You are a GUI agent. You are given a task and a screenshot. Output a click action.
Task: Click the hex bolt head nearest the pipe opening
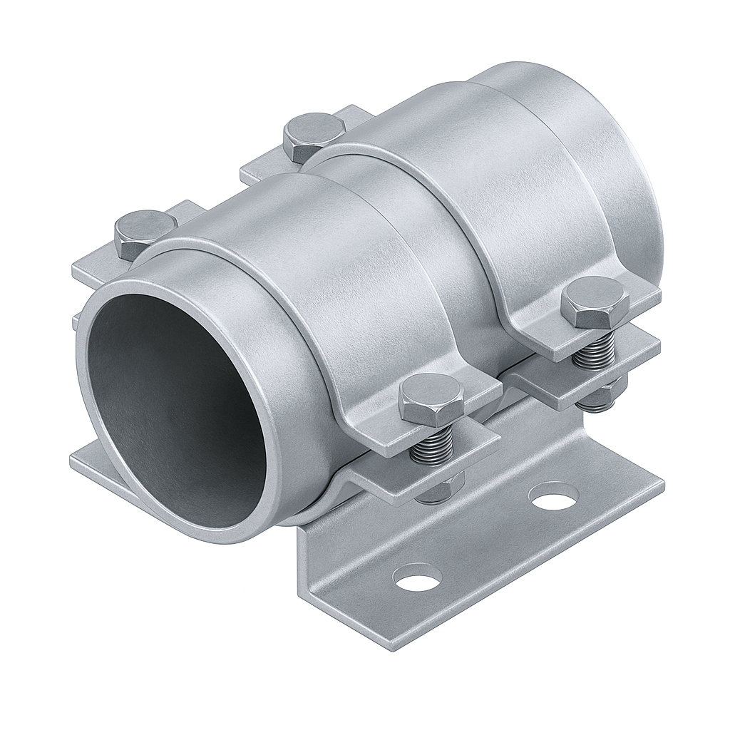pos(145,234)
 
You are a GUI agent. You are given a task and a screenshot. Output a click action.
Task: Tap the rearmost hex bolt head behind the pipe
pos(314,135)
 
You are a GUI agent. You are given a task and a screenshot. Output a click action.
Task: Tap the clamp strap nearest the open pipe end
pos(342,299)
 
